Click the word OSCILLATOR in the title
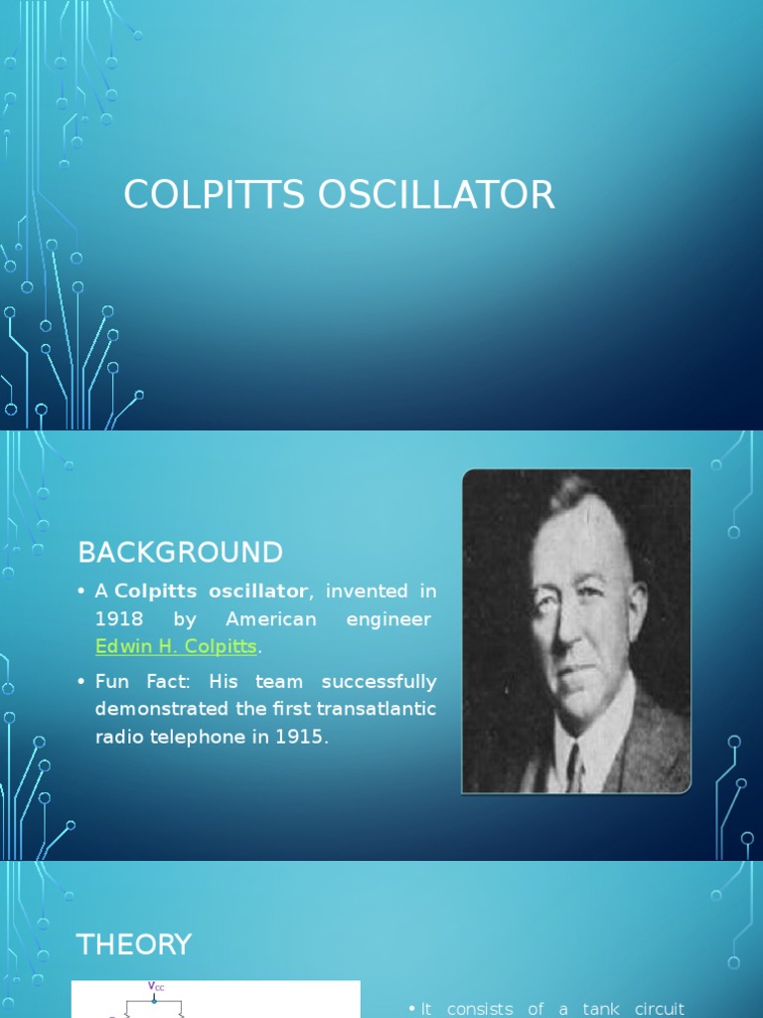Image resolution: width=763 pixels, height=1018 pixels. [436, 195]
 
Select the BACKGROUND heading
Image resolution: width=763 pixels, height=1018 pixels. [180, 552]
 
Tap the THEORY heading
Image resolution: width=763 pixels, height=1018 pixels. [134, 944]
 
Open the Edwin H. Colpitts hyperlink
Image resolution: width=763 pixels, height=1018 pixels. [176, 647]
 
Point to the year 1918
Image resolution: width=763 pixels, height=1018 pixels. [119, 619]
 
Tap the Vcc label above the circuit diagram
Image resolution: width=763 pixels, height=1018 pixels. [156, 986]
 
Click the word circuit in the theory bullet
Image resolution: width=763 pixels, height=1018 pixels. [659, 1009]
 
